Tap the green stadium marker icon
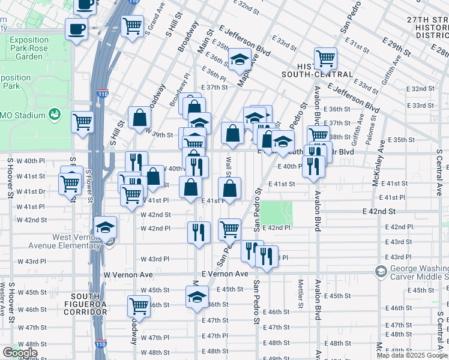55,113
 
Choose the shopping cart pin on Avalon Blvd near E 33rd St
325,59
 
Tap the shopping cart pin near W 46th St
139,305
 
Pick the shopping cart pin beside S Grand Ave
132,26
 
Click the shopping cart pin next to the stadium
83,122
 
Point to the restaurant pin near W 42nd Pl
199,232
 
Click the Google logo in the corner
20,353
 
